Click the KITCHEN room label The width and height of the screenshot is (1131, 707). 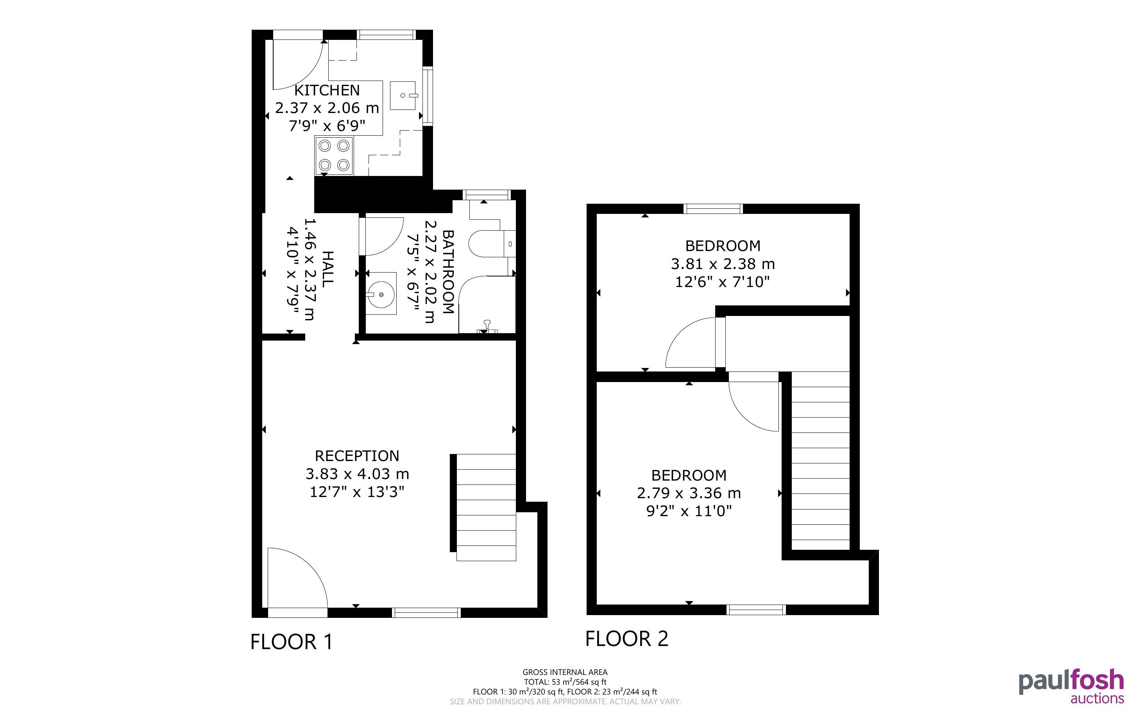click(327, 90)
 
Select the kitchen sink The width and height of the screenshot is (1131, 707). click(403, 95)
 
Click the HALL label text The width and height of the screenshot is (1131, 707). click(328, 269)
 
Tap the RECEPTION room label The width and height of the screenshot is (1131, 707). click(357, 456)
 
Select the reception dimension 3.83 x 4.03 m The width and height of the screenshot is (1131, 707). click(357, 474)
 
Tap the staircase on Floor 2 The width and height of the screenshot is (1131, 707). click(820, 461)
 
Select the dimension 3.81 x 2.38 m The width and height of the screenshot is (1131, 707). click(723, 264)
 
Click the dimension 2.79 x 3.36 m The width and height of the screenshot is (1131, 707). click(689, 493)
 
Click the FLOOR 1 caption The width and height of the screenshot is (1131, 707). click(292, 642)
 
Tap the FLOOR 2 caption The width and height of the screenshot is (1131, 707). click(626, 639)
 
